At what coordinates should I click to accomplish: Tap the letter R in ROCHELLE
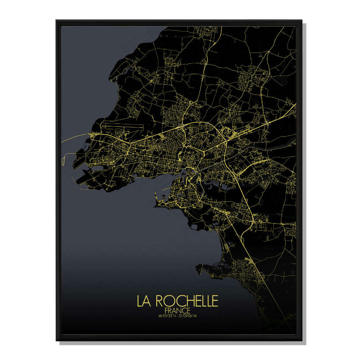[x=158, y=301]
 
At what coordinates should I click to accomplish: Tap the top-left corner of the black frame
[x=57, y=21]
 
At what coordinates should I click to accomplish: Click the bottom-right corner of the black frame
[x=302, y=340]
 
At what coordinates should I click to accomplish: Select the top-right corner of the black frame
[x=302, y=21]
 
